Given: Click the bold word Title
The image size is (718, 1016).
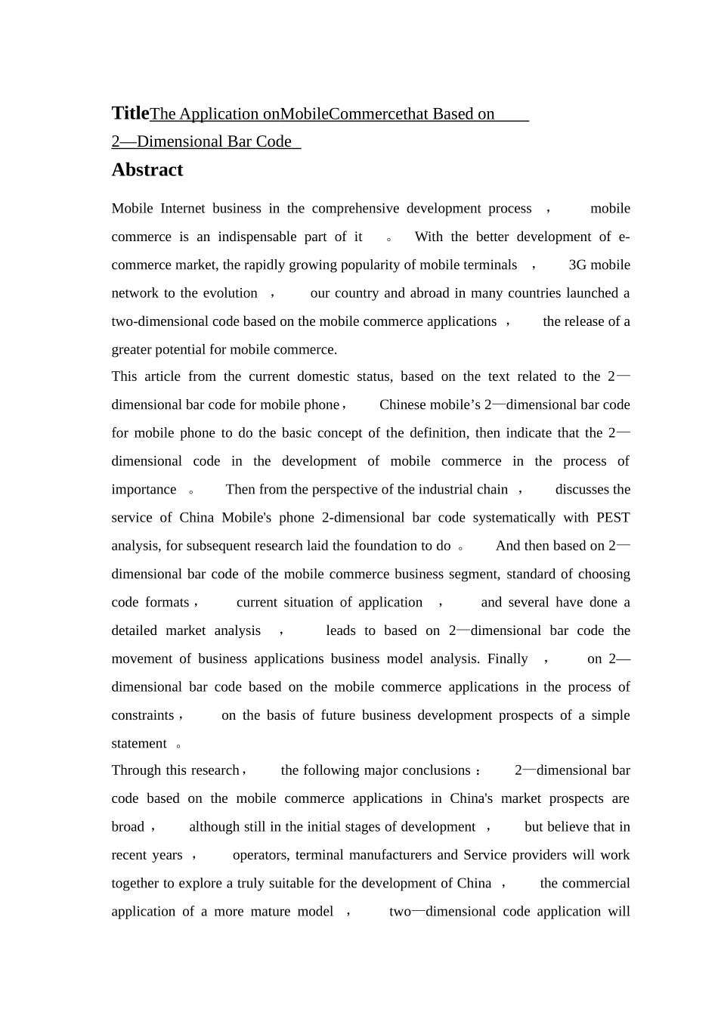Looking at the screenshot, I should (130, 113).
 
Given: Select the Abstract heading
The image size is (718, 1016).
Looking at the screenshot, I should (147, 170).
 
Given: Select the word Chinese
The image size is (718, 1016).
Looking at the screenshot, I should (404, 405).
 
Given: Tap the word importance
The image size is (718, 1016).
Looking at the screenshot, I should (144, 490).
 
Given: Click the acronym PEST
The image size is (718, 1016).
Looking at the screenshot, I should (613, 518).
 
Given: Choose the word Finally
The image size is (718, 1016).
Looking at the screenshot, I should (507, 659).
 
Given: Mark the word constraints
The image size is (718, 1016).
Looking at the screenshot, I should (143, 716).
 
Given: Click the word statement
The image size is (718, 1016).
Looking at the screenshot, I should (139, 744).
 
